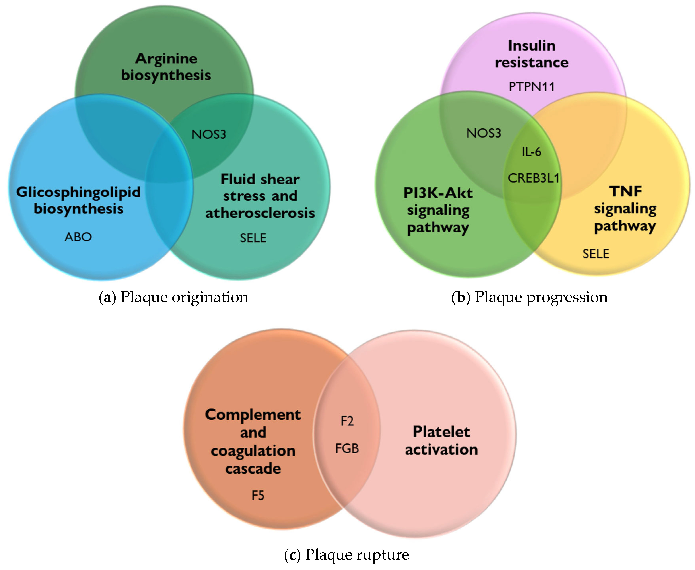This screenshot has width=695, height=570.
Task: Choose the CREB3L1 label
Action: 533,178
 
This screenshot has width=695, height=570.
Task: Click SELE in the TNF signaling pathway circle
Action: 596,254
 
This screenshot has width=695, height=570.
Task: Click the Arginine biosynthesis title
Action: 166,67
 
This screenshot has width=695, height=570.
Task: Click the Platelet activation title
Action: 441,441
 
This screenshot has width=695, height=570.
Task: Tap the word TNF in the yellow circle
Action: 625,191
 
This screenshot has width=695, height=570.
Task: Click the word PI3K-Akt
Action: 438,193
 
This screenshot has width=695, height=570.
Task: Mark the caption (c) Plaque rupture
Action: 346,554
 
